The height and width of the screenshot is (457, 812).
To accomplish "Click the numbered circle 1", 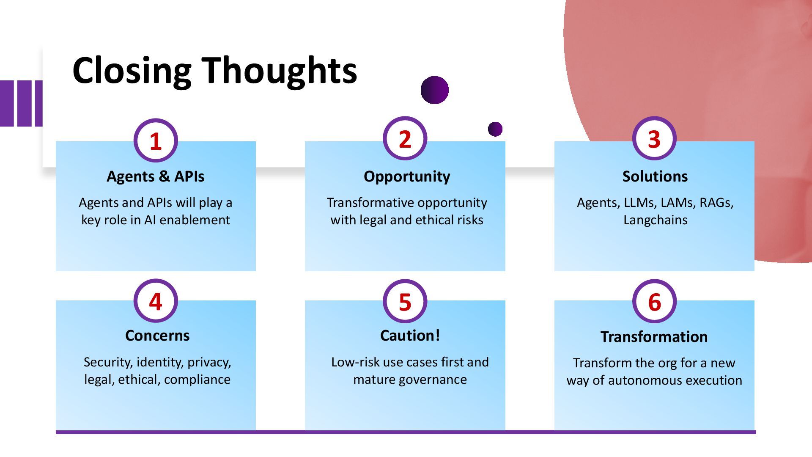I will tap(156, 140).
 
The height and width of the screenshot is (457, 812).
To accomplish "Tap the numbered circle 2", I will tap(405, 138).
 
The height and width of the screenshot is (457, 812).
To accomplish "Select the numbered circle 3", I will tap(654, 138).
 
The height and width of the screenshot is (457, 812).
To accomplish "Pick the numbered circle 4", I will tap(156, 301).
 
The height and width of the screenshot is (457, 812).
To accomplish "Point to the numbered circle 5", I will tap(405, 301).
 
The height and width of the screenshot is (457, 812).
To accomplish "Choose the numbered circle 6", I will tap(654, 301).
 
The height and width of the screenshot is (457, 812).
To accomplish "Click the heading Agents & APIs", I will tap(156, 176).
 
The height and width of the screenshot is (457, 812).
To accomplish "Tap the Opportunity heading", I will tap(407, 176).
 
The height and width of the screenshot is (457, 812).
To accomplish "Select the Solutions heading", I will tap(655, 176).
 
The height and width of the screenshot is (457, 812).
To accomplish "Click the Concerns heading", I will tap(157, 336).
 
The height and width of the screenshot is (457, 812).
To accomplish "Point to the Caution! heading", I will tap(410, 336).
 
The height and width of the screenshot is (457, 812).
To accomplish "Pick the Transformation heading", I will tap(654, 337).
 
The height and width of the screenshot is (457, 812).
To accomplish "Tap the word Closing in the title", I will tap(132, 71).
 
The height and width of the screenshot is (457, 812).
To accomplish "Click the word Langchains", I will tap(655, 220).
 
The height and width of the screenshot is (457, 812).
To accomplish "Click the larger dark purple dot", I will tap(434, 90).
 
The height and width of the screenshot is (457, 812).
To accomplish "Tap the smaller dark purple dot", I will tap(495, 129).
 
